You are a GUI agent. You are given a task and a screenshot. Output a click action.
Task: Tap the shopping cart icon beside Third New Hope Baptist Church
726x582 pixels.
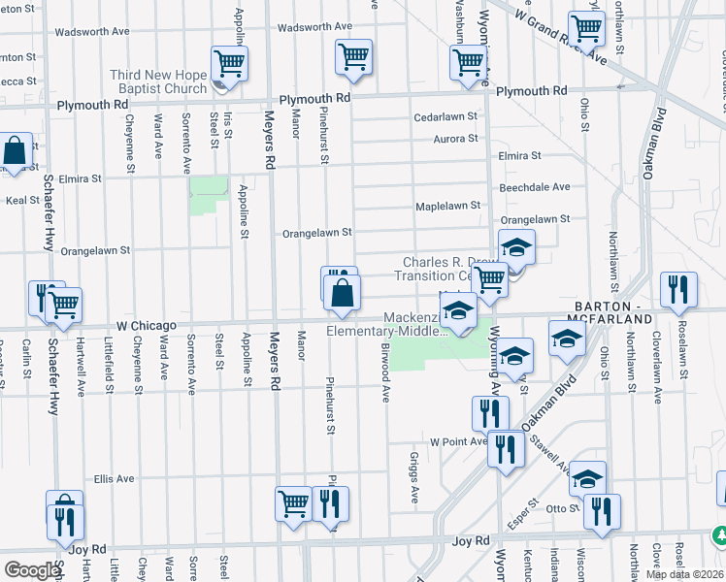[229, 65]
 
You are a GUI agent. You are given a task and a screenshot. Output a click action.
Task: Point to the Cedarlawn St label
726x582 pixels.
[446, 116]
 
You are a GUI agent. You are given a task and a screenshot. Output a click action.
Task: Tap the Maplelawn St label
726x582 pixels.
[448, 206]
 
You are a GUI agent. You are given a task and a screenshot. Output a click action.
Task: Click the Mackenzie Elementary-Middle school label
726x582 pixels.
[386, 324]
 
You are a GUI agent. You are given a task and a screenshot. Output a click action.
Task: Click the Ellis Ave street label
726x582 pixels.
[114, 478]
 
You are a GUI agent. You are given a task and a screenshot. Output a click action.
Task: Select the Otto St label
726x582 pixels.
[562, 507]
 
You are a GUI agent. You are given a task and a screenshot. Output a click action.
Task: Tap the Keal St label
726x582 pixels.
[21, 201]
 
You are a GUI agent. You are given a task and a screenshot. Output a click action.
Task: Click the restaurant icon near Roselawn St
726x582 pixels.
[676, 290]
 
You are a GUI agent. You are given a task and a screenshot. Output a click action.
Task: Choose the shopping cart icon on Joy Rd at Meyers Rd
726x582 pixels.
[293, 503]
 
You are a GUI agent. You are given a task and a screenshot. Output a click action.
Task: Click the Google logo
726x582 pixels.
[32, 570]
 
